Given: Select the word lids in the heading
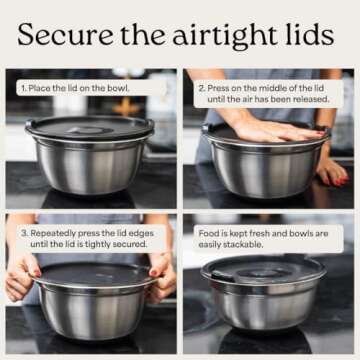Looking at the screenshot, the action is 310,34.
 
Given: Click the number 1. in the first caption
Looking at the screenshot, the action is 23,88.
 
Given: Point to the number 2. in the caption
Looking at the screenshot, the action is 202,88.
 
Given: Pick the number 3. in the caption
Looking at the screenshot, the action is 24,233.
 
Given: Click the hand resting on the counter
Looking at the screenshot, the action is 332,172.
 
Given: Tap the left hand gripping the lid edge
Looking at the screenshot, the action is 23,278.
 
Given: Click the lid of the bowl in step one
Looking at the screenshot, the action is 90,127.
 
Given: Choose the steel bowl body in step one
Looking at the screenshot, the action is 90,167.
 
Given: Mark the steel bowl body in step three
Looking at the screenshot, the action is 92,313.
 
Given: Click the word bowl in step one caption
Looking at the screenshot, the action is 118,88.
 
